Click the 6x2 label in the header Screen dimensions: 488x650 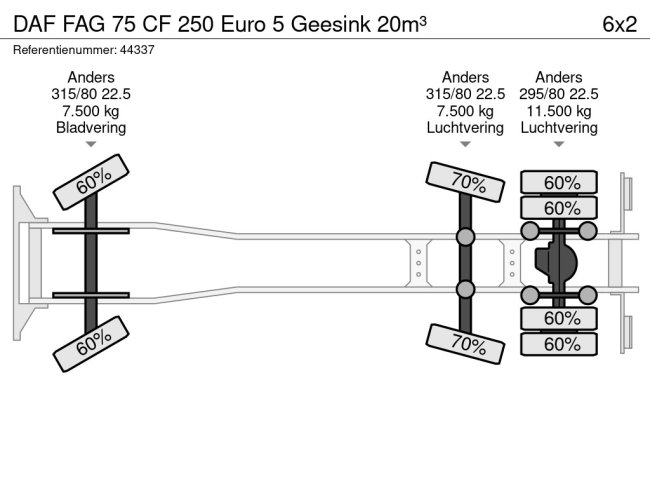[619, 24]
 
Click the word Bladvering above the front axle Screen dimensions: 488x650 [91, 127]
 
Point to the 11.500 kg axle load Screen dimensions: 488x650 [559, 110]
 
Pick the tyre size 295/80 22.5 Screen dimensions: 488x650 [559, 94]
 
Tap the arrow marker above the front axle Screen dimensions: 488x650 [91, 145]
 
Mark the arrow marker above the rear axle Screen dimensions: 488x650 [559, 145]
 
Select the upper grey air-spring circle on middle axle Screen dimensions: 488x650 [465, 238]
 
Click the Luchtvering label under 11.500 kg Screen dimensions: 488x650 [559, 127]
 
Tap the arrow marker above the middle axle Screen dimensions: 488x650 [465, 145]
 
